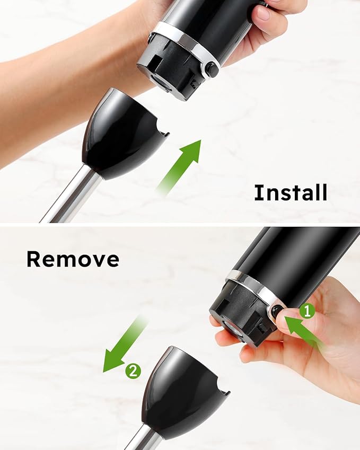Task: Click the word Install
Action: (290, 192)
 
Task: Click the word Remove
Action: (73, 259)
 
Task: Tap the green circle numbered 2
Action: (133, 371)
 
